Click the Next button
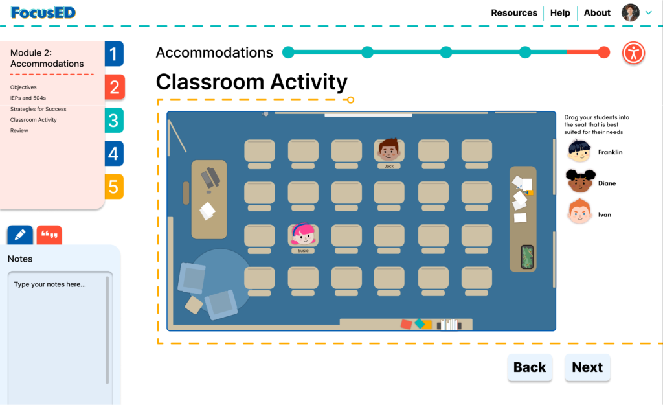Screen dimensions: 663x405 (587, 367)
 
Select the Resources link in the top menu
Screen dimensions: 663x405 (513, 13)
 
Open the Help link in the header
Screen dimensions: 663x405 (560, 13)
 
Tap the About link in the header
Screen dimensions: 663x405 (597, 13)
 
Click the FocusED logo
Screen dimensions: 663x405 (43, 13)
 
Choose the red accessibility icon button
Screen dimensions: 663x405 (633, 53)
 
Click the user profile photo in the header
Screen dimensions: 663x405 (630, 13)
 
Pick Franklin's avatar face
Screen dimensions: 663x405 (579, 151)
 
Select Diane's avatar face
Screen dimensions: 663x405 (580, 181)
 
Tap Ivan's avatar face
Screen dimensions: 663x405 (579, 212)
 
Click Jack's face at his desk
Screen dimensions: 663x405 (388, 150)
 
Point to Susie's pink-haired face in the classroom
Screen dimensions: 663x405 (303, 234)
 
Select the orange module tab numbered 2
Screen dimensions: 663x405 (114, 87)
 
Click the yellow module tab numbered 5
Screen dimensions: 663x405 (114, 187)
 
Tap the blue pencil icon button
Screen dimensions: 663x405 (20, 235)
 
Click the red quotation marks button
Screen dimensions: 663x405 (49, 235)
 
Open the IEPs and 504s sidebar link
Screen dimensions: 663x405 (28, 98)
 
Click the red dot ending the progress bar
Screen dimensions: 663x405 (604, 52)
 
